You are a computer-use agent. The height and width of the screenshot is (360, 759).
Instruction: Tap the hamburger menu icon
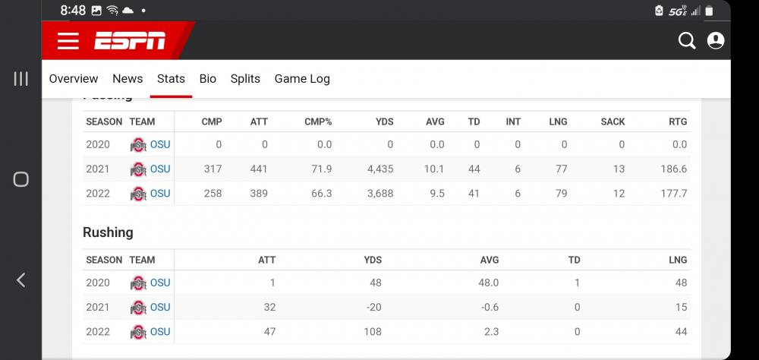[x=68, y=41]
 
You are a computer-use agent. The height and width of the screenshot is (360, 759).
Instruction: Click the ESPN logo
[x=130, y=41]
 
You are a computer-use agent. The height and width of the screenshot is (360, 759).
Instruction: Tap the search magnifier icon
[x=686, y=41]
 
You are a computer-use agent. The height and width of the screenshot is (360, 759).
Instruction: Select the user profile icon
[x=715, y=41]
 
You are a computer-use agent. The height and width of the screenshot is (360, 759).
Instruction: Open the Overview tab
[x=74, y=78]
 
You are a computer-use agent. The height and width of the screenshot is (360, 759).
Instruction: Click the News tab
[x=128, y=78]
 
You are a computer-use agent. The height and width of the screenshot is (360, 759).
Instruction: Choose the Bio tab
[x=207, y=78]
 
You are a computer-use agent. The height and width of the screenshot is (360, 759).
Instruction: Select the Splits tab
[x=245, y=78]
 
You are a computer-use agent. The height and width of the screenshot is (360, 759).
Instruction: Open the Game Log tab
[x=302, y=78]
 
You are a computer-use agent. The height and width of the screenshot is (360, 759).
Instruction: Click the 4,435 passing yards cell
[x=380, y=169]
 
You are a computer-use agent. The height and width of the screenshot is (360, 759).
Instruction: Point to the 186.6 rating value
[x=673, y=169]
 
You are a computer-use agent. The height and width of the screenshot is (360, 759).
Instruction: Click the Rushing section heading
[x=108, y=232]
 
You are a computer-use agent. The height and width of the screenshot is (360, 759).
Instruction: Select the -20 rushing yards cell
[x=373, y=307]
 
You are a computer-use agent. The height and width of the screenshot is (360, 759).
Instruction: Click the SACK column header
[x=613, y=122]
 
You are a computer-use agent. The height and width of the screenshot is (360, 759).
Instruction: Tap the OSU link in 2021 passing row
[x=160, y=169]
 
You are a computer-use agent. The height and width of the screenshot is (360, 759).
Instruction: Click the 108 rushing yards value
[x=372, y=331]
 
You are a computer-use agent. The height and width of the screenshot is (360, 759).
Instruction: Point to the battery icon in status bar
[x=709, y=11]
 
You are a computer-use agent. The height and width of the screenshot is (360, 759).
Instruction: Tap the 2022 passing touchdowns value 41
[x=474, y=193]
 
